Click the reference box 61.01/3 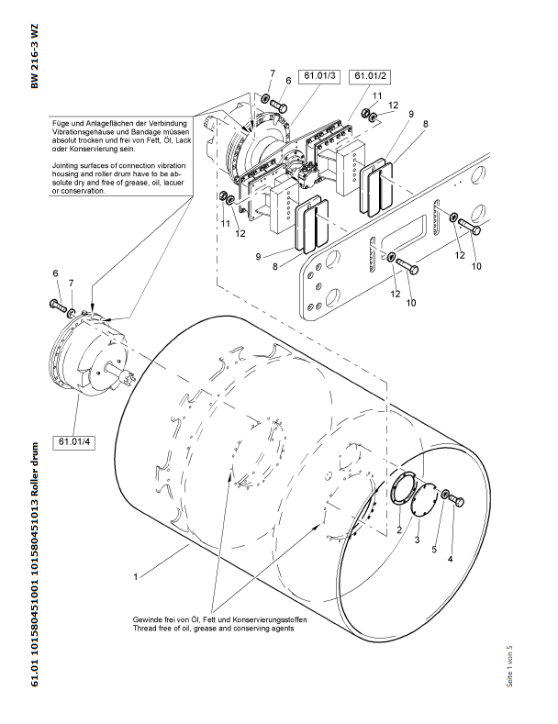coord(317,75)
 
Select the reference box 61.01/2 coord(370,75)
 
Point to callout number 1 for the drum coord(135,577)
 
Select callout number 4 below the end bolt coord(450,557)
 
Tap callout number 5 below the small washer coord(434,535)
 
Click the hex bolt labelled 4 coord(457,500)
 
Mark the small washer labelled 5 coord(443,496)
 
